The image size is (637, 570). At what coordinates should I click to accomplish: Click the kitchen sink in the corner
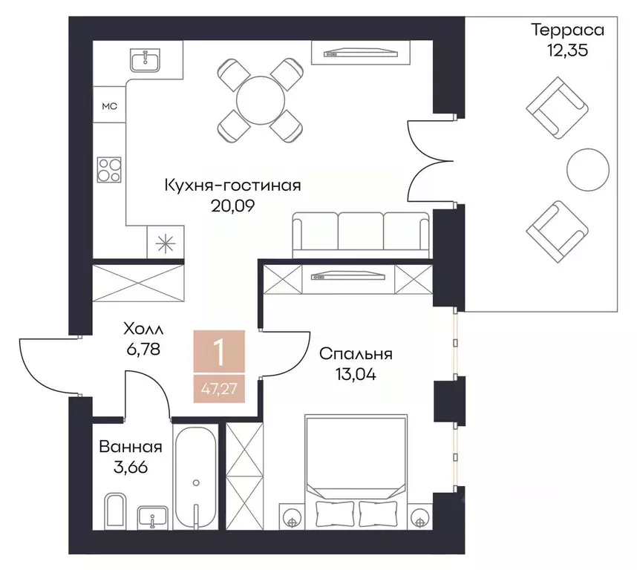pyautogui.click(x=147, y=59)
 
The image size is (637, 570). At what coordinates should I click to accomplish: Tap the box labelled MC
pyautogui.click(x=109, y=106)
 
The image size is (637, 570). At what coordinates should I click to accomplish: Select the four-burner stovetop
pyautogui.click(x=109, y=170)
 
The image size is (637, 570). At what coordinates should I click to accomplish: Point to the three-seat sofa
pyautogui.click(x=362, y=235)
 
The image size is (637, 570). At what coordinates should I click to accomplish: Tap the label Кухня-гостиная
pyautogui.click(x=232, y=185)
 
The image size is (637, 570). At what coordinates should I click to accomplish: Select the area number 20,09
pyautogui.click(x=232, y=206)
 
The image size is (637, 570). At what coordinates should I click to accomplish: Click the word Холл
pyautogui.click(x=142, y=327)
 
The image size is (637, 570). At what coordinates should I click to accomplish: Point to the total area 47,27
pyautogui.click(x=220, y=387)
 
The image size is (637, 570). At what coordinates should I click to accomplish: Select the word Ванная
pyautogui.click(x=130, y=447)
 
